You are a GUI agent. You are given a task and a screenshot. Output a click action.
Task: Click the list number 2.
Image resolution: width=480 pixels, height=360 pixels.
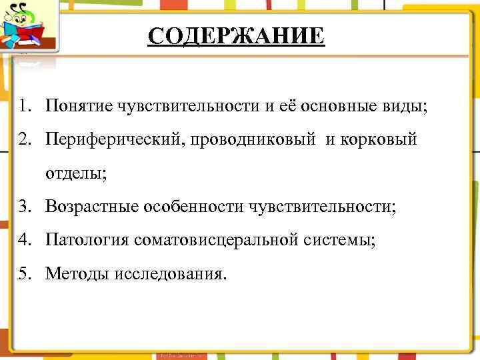click(x=25, y=140)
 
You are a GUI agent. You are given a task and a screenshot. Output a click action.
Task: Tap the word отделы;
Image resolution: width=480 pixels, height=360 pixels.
click(x=75, y=174)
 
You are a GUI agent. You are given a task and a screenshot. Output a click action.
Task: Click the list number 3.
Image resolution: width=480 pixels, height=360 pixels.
click(x=25, y=207)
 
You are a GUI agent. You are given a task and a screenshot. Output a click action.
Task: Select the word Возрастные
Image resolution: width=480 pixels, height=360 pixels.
click(x=91, y=207)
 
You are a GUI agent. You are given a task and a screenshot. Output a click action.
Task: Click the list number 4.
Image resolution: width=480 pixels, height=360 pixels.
click(x=25, y=241)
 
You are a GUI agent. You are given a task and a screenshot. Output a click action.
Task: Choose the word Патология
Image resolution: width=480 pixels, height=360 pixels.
click(x=87, y=241)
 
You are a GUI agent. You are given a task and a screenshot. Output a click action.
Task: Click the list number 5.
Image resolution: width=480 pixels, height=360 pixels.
click(x=25, y=275)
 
